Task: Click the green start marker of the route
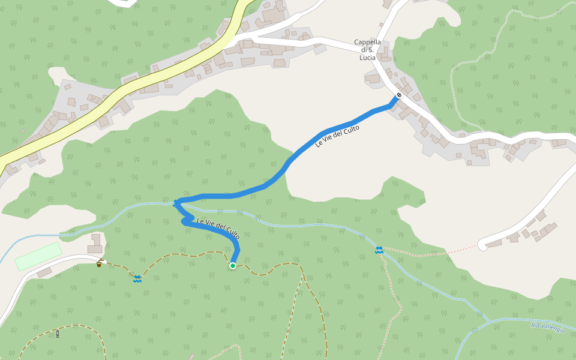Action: click(x=233, y=266)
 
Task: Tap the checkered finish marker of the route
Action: click(x=399, y=95)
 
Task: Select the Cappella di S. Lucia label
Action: click(x=367, y=50)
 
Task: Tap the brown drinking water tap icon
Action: click(x=100, y=263)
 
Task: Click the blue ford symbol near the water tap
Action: click(x=137, y=278)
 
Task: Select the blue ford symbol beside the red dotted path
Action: click(x=379, y=250)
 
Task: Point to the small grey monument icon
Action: click(x=58, y=334)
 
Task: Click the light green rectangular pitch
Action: click(x=38, y=256)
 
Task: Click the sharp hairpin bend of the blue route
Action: click(x=176, y=202)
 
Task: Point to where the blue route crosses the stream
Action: click(x=178, y=204)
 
